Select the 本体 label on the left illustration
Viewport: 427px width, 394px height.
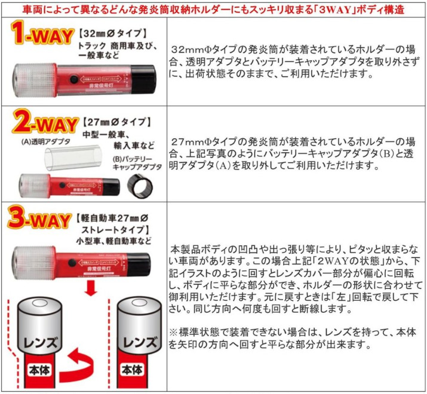pyautogui.click(x=39, y=371)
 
